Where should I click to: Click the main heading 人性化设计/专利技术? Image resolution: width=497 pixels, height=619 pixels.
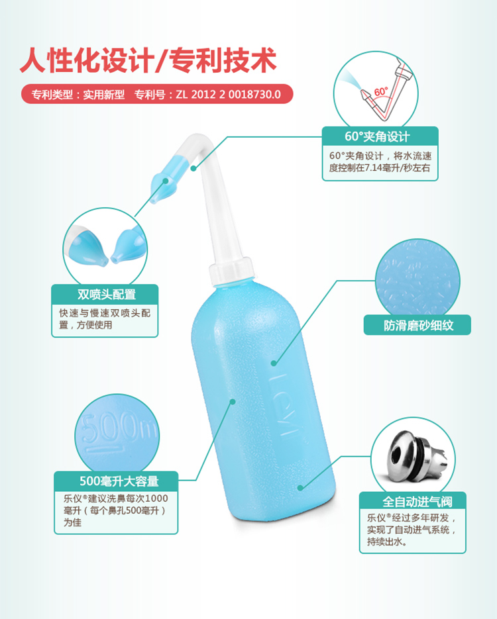pos(148,60)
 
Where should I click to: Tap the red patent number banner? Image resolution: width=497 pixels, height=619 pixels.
pos(157,95)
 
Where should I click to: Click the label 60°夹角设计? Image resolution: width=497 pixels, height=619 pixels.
pos(377,136)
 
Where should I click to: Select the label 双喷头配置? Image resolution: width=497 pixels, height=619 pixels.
pos(107,295)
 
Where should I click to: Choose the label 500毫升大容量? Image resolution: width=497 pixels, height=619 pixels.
pos(119,481)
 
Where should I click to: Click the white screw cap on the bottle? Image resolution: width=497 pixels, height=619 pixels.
pos(231,271)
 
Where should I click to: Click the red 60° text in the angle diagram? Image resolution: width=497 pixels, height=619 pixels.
pos(381,91)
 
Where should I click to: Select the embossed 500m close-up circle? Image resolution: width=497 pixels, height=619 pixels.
pos(117,433)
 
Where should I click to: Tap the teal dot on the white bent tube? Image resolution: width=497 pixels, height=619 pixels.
pos(193,169)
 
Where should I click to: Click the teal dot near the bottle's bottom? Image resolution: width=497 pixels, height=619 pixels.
pos(300,489)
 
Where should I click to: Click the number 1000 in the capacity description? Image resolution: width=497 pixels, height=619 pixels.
pos(156,499)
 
